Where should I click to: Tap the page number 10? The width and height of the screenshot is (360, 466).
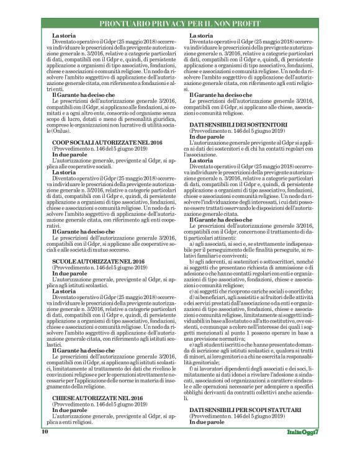(45, 447)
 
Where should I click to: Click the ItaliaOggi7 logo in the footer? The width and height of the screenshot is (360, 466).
(304, 448)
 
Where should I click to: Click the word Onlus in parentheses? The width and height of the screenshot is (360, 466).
(61, 150)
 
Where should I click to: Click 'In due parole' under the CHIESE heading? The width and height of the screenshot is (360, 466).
(69, 428)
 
